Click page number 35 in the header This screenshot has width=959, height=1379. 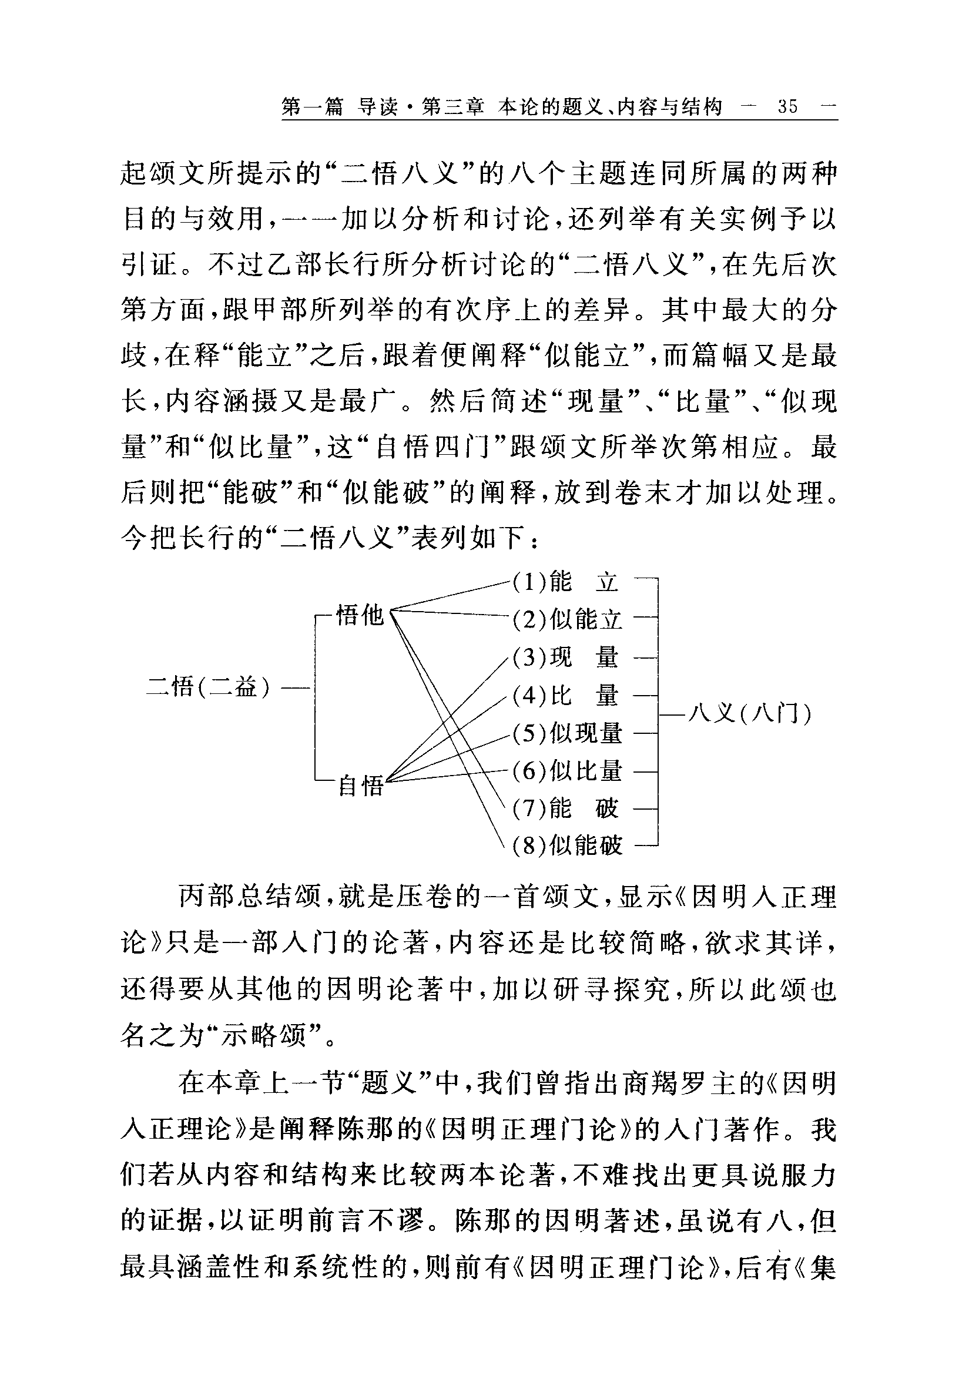pyautogui.click(x=787, y=107)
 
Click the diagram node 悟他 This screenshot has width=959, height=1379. pyautogui.click(x=359, y=615)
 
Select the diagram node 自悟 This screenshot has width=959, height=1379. pyautogui.click(x=360, y=785)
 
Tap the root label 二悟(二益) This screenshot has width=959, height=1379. pyautogui.click(x=209, y=686)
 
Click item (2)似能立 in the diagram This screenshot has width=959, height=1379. pyautogui.click(x=568, y=619)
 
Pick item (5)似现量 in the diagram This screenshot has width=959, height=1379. pyautogui.click(x=568, y=733)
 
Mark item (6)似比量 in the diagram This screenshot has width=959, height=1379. pyautogui.click(x=568, y=770)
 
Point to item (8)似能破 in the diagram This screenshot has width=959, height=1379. pyautogui.click(x=568, y=845)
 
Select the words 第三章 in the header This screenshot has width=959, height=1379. pyautogui.click(x=453, y=107)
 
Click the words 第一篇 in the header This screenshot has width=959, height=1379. pyautogui.click(x=312, y=107)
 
